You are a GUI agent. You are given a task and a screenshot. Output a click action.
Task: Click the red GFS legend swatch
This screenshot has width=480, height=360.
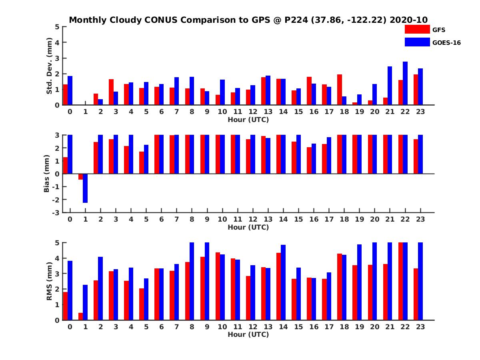click(417, 29)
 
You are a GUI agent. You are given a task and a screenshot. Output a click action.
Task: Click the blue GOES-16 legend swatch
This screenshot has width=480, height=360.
click(417, 42)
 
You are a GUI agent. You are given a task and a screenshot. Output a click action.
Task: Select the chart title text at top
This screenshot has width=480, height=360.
click(248, 20)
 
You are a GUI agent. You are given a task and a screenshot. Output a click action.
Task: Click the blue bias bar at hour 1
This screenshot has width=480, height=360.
click(85, 188)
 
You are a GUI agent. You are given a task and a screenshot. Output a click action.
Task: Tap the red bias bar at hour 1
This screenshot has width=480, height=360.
click(80, 177)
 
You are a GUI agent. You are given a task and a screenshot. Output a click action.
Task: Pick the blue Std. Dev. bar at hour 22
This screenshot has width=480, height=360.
click(405, 83)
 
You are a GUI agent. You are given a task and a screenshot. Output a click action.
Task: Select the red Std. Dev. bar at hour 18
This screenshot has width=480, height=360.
click(340, 90)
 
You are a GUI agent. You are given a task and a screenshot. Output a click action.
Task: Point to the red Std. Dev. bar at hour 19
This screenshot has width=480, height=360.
click(355, 104)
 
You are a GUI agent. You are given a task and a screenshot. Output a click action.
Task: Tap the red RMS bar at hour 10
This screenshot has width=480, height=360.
click(218, 286)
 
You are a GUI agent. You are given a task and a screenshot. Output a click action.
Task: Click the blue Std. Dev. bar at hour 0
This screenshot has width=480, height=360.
click(70, 90)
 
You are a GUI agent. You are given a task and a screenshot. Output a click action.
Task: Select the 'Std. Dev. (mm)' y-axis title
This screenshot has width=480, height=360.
click(50, 66)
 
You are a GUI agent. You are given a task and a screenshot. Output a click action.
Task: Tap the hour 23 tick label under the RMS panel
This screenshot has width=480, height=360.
click(420, 327)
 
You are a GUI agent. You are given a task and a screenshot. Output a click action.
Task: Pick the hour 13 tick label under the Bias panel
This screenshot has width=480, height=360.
click(268, 219)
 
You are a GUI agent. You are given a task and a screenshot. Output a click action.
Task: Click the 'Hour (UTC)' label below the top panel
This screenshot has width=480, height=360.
click(248, 119)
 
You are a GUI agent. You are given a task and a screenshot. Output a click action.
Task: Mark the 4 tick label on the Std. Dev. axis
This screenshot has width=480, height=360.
click(58, 42)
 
